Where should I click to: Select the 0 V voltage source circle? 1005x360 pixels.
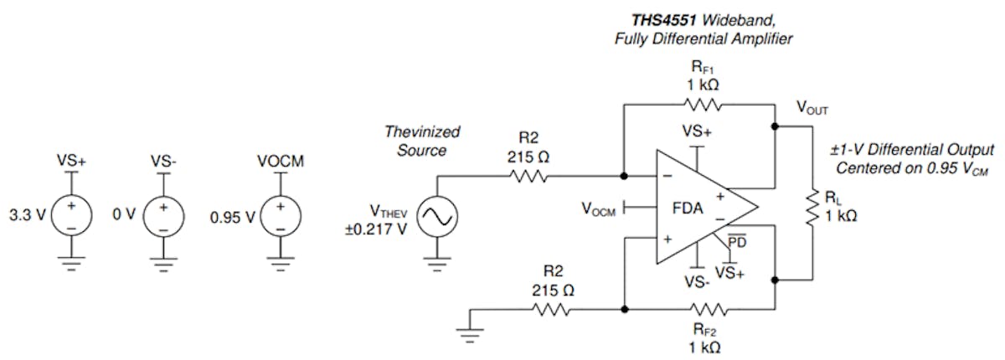coord(164,216)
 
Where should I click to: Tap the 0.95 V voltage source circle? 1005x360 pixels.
coord(283,216)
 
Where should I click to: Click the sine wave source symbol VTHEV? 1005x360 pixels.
coord(435,217)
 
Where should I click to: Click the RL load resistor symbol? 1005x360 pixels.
coord(812,207)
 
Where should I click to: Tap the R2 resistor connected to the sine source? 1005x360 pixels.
coord(527,176)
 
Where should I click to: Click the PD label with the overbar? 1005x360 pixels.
coord(736,242)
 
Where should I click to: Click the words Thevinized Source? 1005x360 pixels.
coord(419,140)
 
